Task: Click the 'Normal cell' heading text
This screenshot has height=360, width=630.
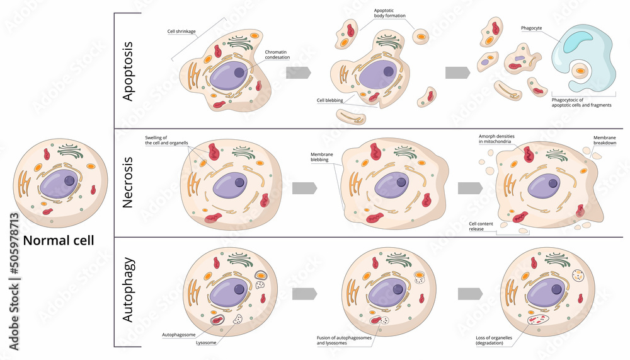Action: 59,240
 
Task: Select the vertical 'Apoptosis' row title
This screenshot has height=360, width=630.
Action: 128,71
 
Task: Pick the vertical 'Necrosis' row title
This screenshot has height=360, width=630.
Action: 128,183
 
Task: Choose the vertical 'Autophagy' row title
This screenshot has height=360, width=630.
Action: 128,293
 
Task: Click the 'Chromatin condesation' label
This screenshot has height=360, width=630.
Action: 277,54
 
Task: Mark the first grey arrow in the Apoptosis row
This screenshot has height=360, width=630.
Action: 298,73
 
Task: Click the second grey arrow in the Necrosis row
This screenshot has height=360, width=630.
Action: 470,188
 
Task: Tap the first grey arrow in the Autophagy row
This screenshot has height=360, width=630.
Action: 304,294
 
